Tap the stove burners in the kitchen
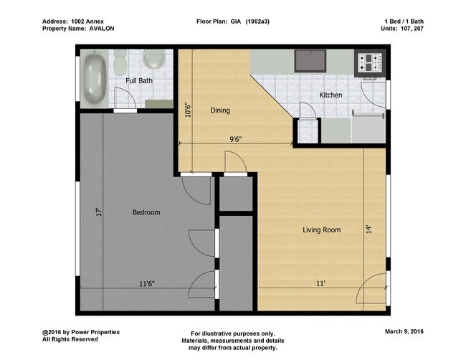pos(370,62)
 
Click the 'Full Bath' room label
pos(139,81)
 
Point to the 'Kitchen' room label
pos(331,95)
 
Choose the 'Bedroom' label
pos(146,212)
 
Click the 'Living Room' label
pos(321,230)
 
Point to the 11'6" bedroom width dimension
pos(146,284)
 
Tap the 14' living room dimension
pos(369,230)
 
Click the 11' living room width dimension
pos(320,284)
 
